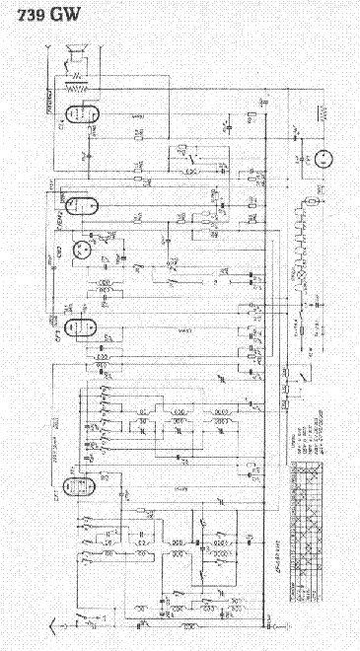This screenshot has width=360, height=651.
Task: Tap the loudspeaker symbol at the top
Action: [75, 55]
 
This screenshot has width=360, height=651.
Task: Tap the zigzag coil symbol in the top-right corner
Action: [318, 112]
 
